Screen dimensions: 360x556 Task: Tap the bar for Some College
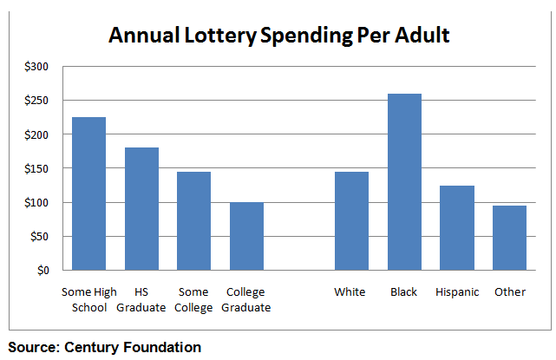(x=193, y=221)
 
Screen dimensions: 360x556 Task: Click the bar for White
(x=351, y=221)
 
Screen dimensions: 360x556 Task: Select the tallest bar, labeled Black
(x=404, y=182)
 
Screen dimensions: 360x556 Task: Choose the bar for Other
(x=509, y=238)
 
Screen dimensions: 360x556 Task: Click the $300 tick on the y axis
(x=38, y=67)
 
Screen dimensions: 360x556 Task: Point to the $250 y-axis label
(x=38, y=101)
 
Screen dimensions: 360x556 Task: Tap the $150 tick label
(x=38, y=168)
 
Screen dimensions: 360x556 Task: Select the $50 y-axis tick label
(x=41, y=236)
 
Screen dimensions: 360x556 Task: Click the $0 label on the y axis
(x=43, y=271)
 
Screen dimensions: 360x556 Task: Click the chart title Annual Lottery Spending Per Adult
(x=278, y=36)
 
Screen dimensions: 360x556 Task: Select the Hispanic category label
(x=457, y=292)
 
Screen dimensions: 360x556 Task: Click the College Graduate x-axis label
(x=246, y=299)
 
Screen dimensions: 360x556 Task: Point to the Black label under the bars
(x=404, y=292)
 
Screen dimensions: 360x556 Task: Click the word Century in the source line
(x=95, y=348)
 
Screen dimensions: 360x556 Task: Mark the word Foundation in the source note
(x=166, y=348)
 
